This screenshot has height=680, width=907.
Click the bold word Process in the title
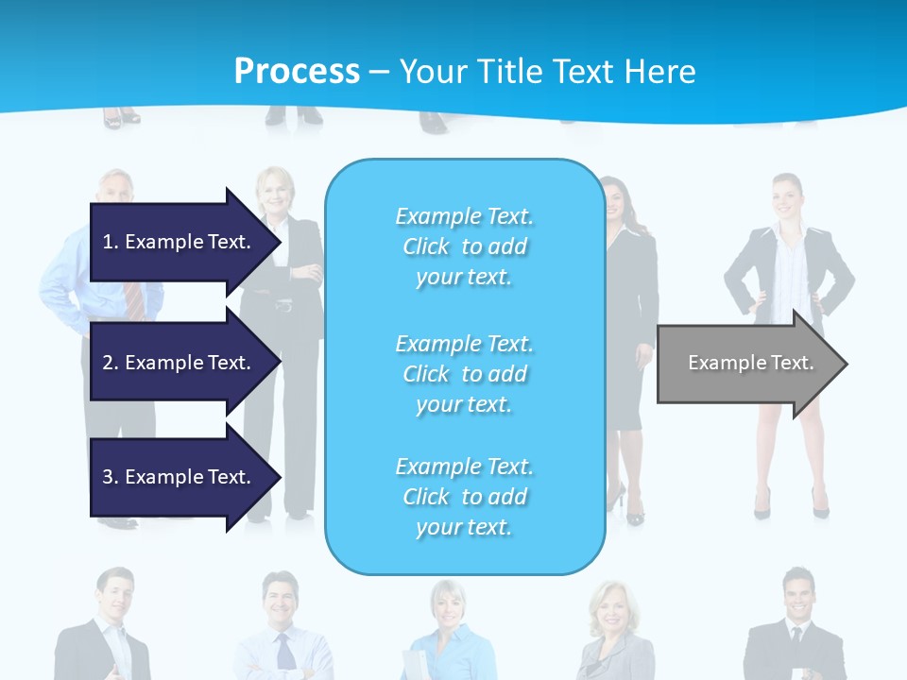297,71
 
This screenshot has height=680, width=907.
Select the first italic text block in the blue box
464,246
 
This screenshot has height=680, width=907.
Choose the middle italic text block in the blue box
464,374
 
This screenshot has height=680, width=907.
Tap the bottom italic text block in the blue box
464,497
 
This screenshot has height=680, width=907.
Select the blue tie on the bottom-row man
285,652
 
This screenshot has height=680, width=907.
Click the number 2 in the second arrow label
108,363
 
